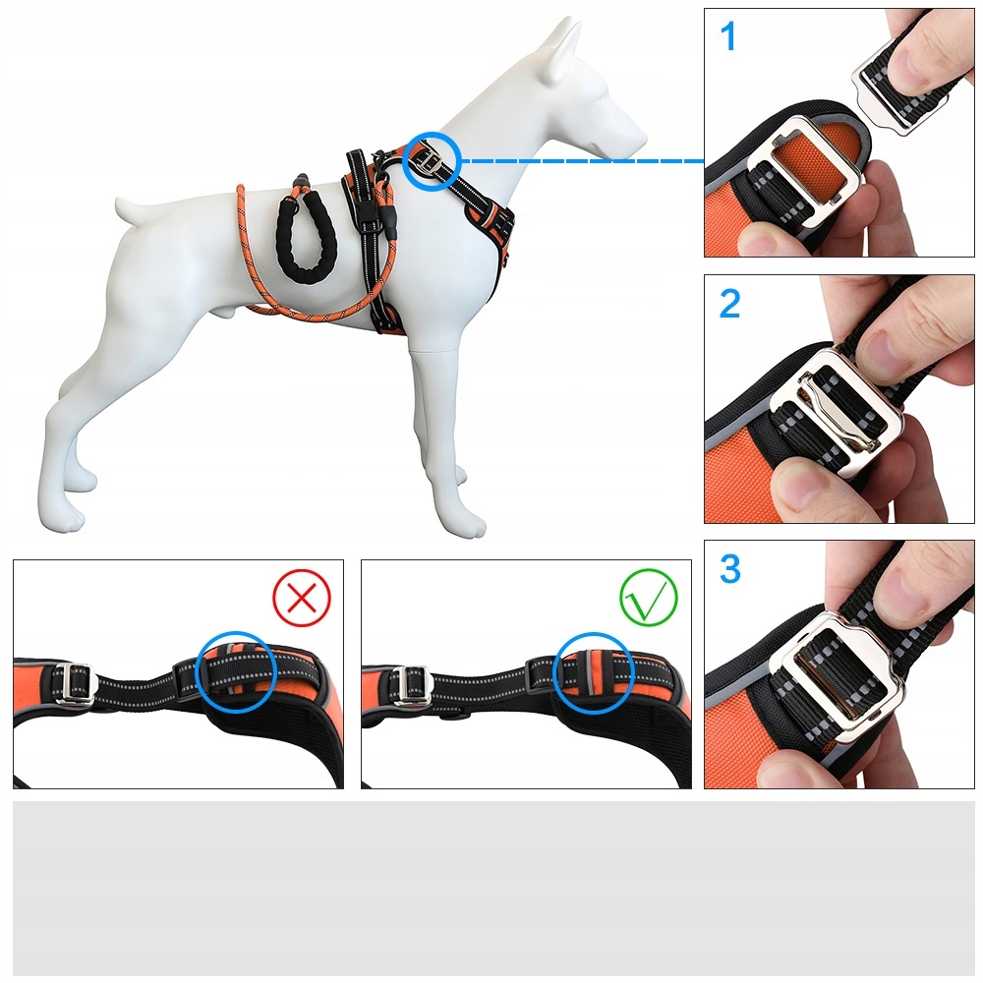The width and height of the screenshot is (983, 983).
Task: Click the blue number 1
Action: (x=727, y=36)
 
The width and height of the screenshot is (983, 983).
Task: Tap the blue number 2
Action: (x=729, y=304)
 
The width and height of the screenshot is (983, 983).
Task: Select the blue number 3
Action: (x=730, y=568)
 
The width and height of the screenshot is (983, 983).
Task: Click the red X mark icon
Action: (x=302, y=598)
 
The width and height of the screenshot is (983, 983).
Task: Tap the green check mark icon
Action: (x=649, y=598)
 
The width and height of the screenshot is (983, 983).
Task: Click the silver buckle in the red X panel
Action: (x=75, y=683)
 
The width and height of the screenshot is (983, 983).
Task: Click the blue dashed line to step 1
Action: (x=583, y=161)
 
